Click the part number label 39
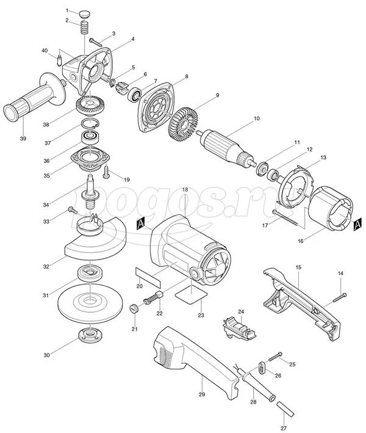pos(23,139)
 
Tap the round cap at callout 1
pos(83,13)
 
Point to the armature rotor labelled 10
pos(227,149)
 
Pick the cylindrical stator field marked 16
pos(330,207)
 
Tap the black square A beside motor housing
pos(140,224)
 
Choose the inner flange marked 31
pos(90,273)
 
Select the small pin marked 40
pos(59,60)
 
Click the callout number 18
pos(185,190)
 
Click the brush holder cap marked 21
pos(134,308)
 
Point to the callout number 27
pos(284,428)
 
